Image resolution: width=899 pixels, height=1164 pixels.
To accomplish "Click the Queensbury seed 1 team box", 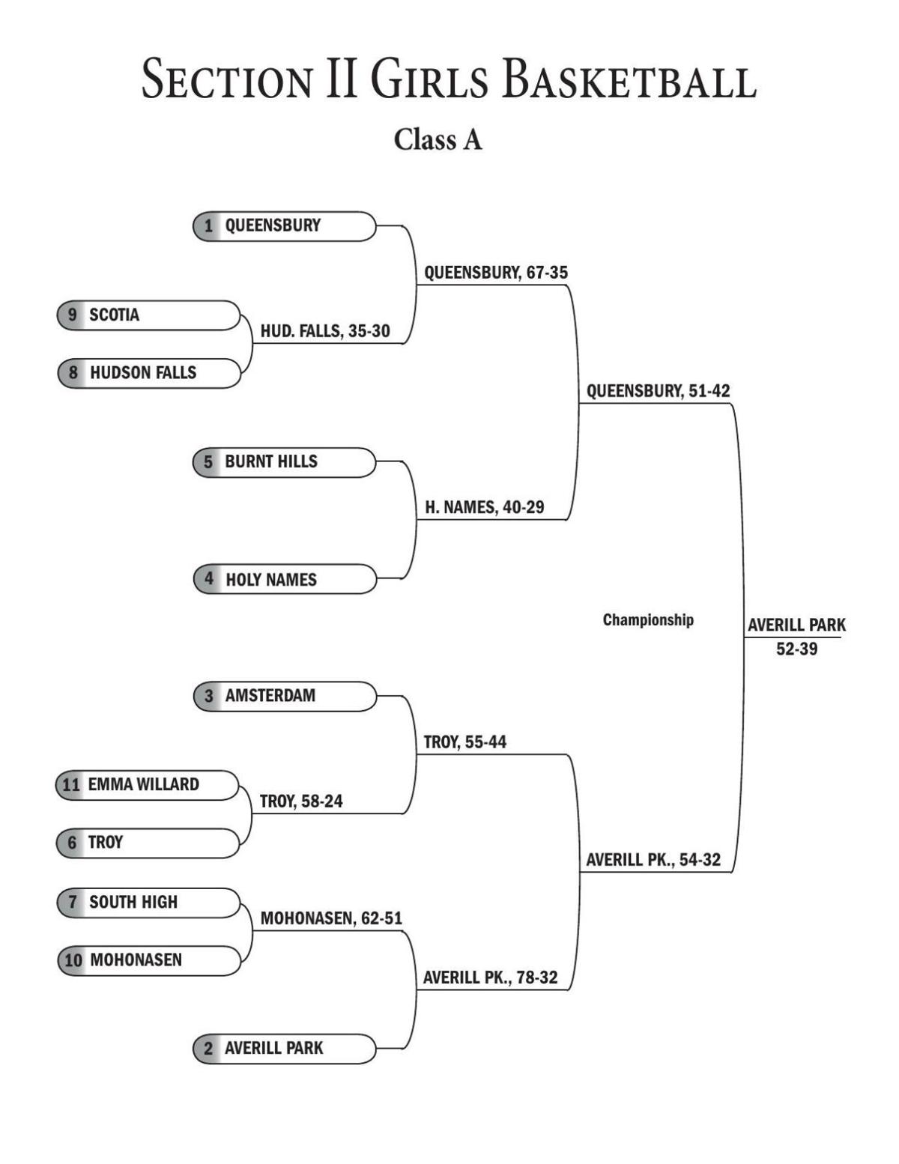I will tap(284, 226).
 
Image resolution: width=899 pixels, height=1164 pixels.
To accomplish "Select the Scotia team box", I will tap(148, 315).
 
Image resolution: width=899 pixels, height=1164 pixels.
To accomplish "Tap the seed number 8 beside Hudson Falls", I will tap(73, 373).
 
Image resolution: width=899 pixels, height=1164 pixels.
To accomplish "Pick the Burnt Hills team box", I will tap(284, 462).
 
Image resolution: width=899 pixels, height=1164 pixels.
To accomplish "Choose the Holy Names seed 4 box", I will tap(284, 580).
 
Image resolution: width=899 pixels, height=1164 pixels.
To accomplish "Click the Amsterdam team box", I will tap(284, 696).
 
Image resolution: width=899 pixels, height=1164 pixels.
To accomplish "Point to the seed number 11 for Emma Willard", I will tap(71, 785).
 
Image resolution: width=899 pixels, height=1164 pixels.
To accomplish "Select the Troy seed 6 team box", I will tap(148, 843).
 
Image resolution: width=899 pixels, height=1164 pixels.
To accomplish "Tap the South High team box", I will tap(148, 903).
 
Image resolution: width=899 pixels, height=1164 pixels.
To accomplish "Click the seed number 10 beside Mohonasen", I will tap(73, 960).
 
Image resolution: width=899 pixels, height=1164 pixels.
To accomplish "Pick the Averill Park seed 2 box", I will tap(284, 1049).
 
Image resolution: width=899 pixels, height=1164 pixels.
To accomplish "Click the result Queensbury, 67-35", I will tap(496, 273).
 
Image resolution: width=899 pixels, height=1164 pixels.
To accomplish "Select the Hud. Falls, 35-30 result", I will tap(325, 331).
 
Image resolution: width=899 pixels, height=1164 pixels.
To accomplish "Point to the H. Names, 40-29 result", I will tap(485, 508).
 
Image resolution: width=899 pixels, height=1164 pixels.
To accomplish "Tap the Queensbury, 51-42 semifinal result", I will tap(658, 391).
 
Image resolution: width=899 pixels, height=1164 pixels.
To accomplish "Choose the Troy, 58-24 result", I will tap(301, 801).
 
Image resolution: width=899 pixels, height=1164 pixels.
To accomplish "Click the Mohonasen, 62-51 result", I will tap(331, 918).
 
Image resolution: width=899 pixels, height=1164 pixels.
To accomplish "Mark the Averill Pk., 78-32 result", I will tap(490, 977).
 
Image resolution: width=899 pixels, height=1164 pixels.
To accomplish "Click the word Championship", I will tap(648, 620).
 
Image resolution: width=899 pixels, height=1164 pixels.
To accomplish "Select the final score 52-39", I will tap(796, 649).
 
